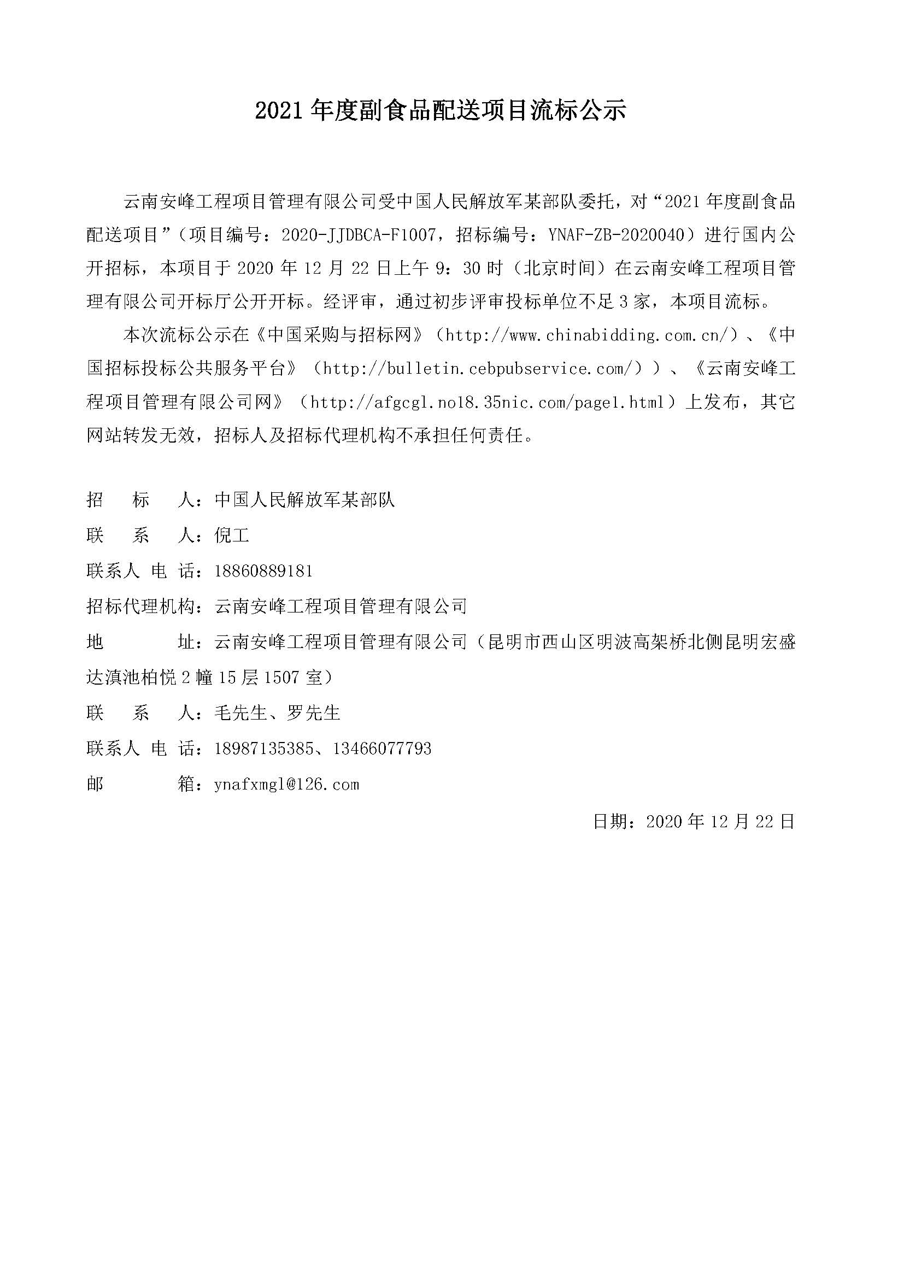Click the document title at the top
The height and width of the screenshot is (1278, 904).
[x=441, y=111]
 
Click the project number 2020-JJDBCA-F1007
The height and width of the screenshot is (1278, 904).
[x=359, y=235]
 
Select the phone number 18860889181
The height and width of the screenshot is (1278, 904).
[x=263, y=570]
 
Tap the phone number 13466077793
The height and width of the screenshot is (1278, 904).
[x=383, y=749]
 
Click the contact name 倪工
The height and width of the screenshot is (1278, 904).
[x=232, y=535]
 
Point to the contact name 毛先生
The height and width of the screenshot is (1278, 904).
[x=241, y=713]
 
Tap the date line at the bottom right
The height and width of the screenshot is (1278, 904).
[x=694, y=821]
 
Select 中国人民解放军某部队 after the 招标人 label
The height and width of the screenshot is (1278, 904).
[x=304, y=500]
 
